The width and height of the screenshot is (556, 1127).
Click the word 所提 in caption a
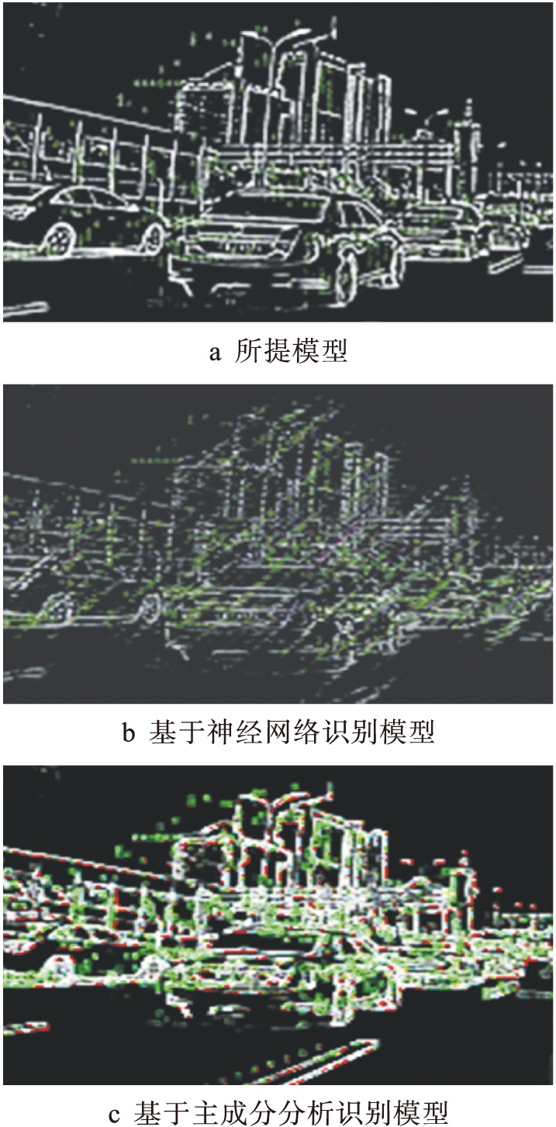coord(262,351)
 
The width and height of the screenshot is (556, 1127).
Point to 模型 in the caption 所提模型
coord(319,351)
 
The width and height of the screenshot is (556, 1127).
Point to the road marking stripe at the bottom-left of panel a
coord(25,308)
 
